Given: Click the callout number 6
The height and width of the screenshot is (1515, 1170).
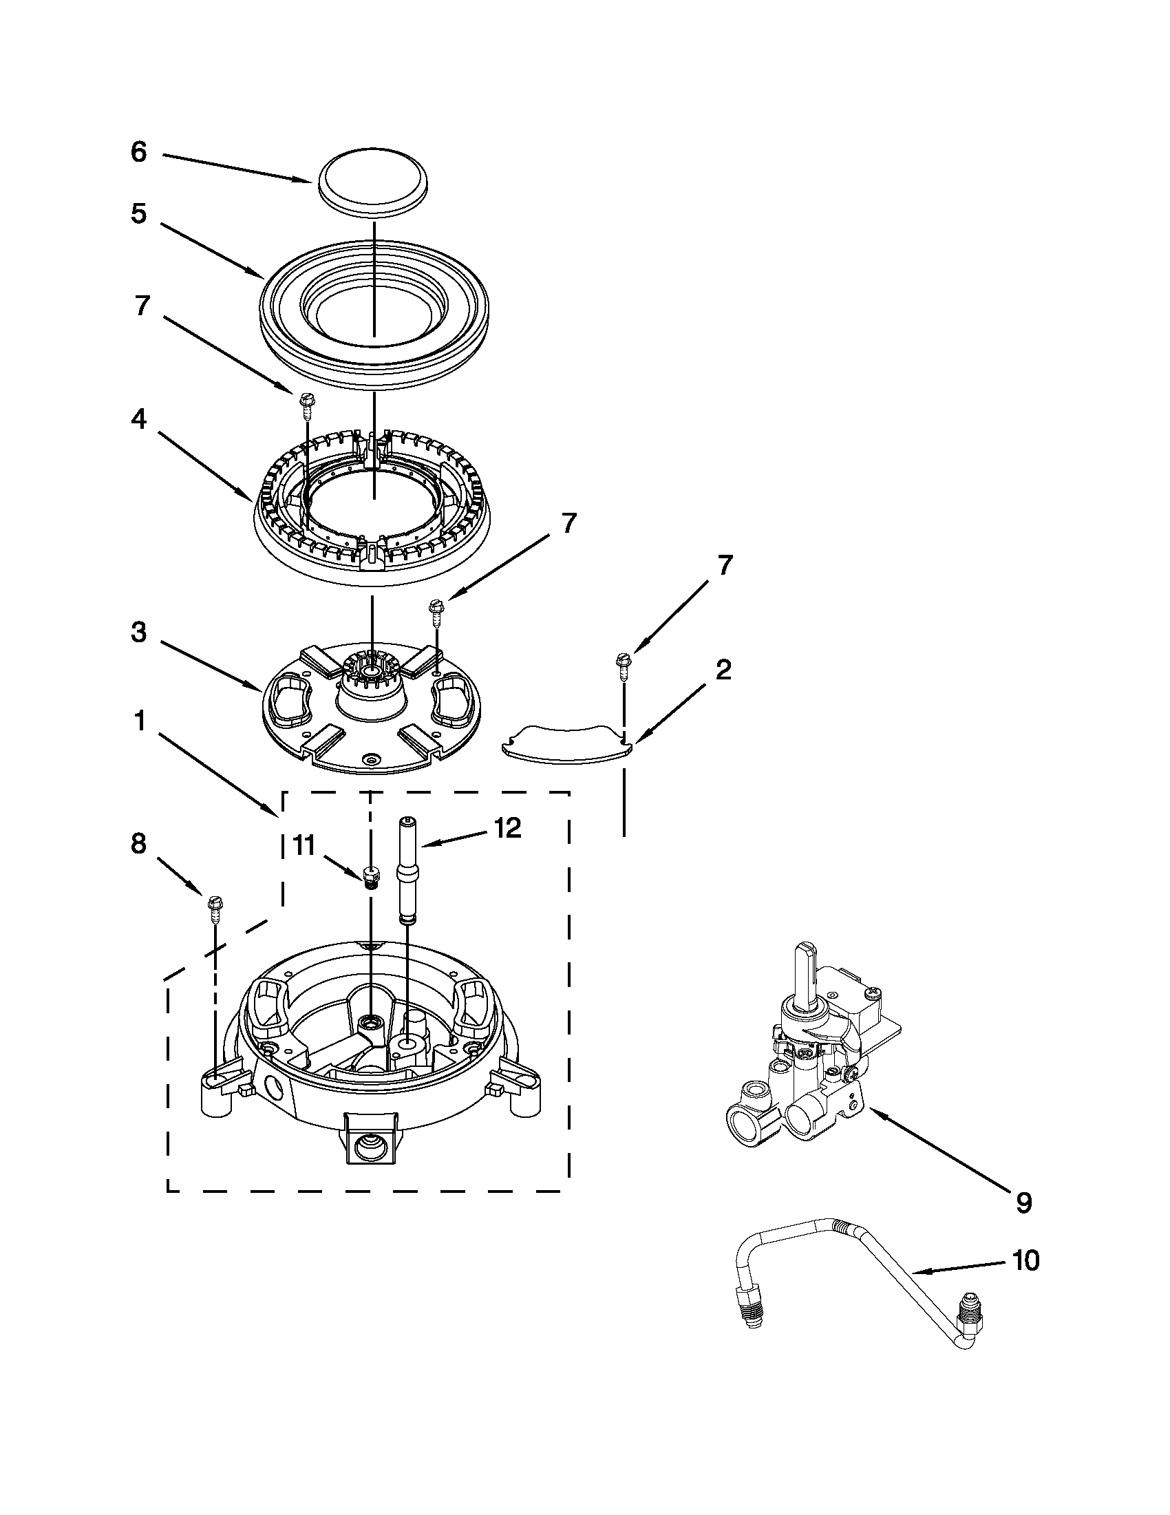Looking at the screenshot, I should (x=140, y=153).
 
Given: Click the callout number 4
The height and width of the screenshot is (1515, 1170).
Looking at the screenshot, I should (x=140, y=419).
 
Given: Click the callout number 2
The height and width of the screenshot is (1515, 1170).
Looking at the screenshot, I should (x=723, y=670).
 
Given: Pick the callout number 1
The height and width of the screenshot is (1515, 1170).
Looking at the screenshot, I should (x=140, y=721).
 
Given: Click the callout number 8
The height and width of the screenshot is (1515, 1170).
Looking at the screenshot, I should (x=140, y=843).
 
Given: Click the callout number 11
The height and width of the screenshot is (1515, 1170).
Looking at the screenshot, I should (x=303, y=845).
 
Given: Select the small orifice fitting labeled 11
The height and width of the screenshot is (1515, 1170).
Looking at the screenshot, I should (x=372, y=878).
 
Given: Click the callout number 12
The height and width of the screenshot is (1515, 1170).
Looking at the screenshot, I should (x=508, y=828).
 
